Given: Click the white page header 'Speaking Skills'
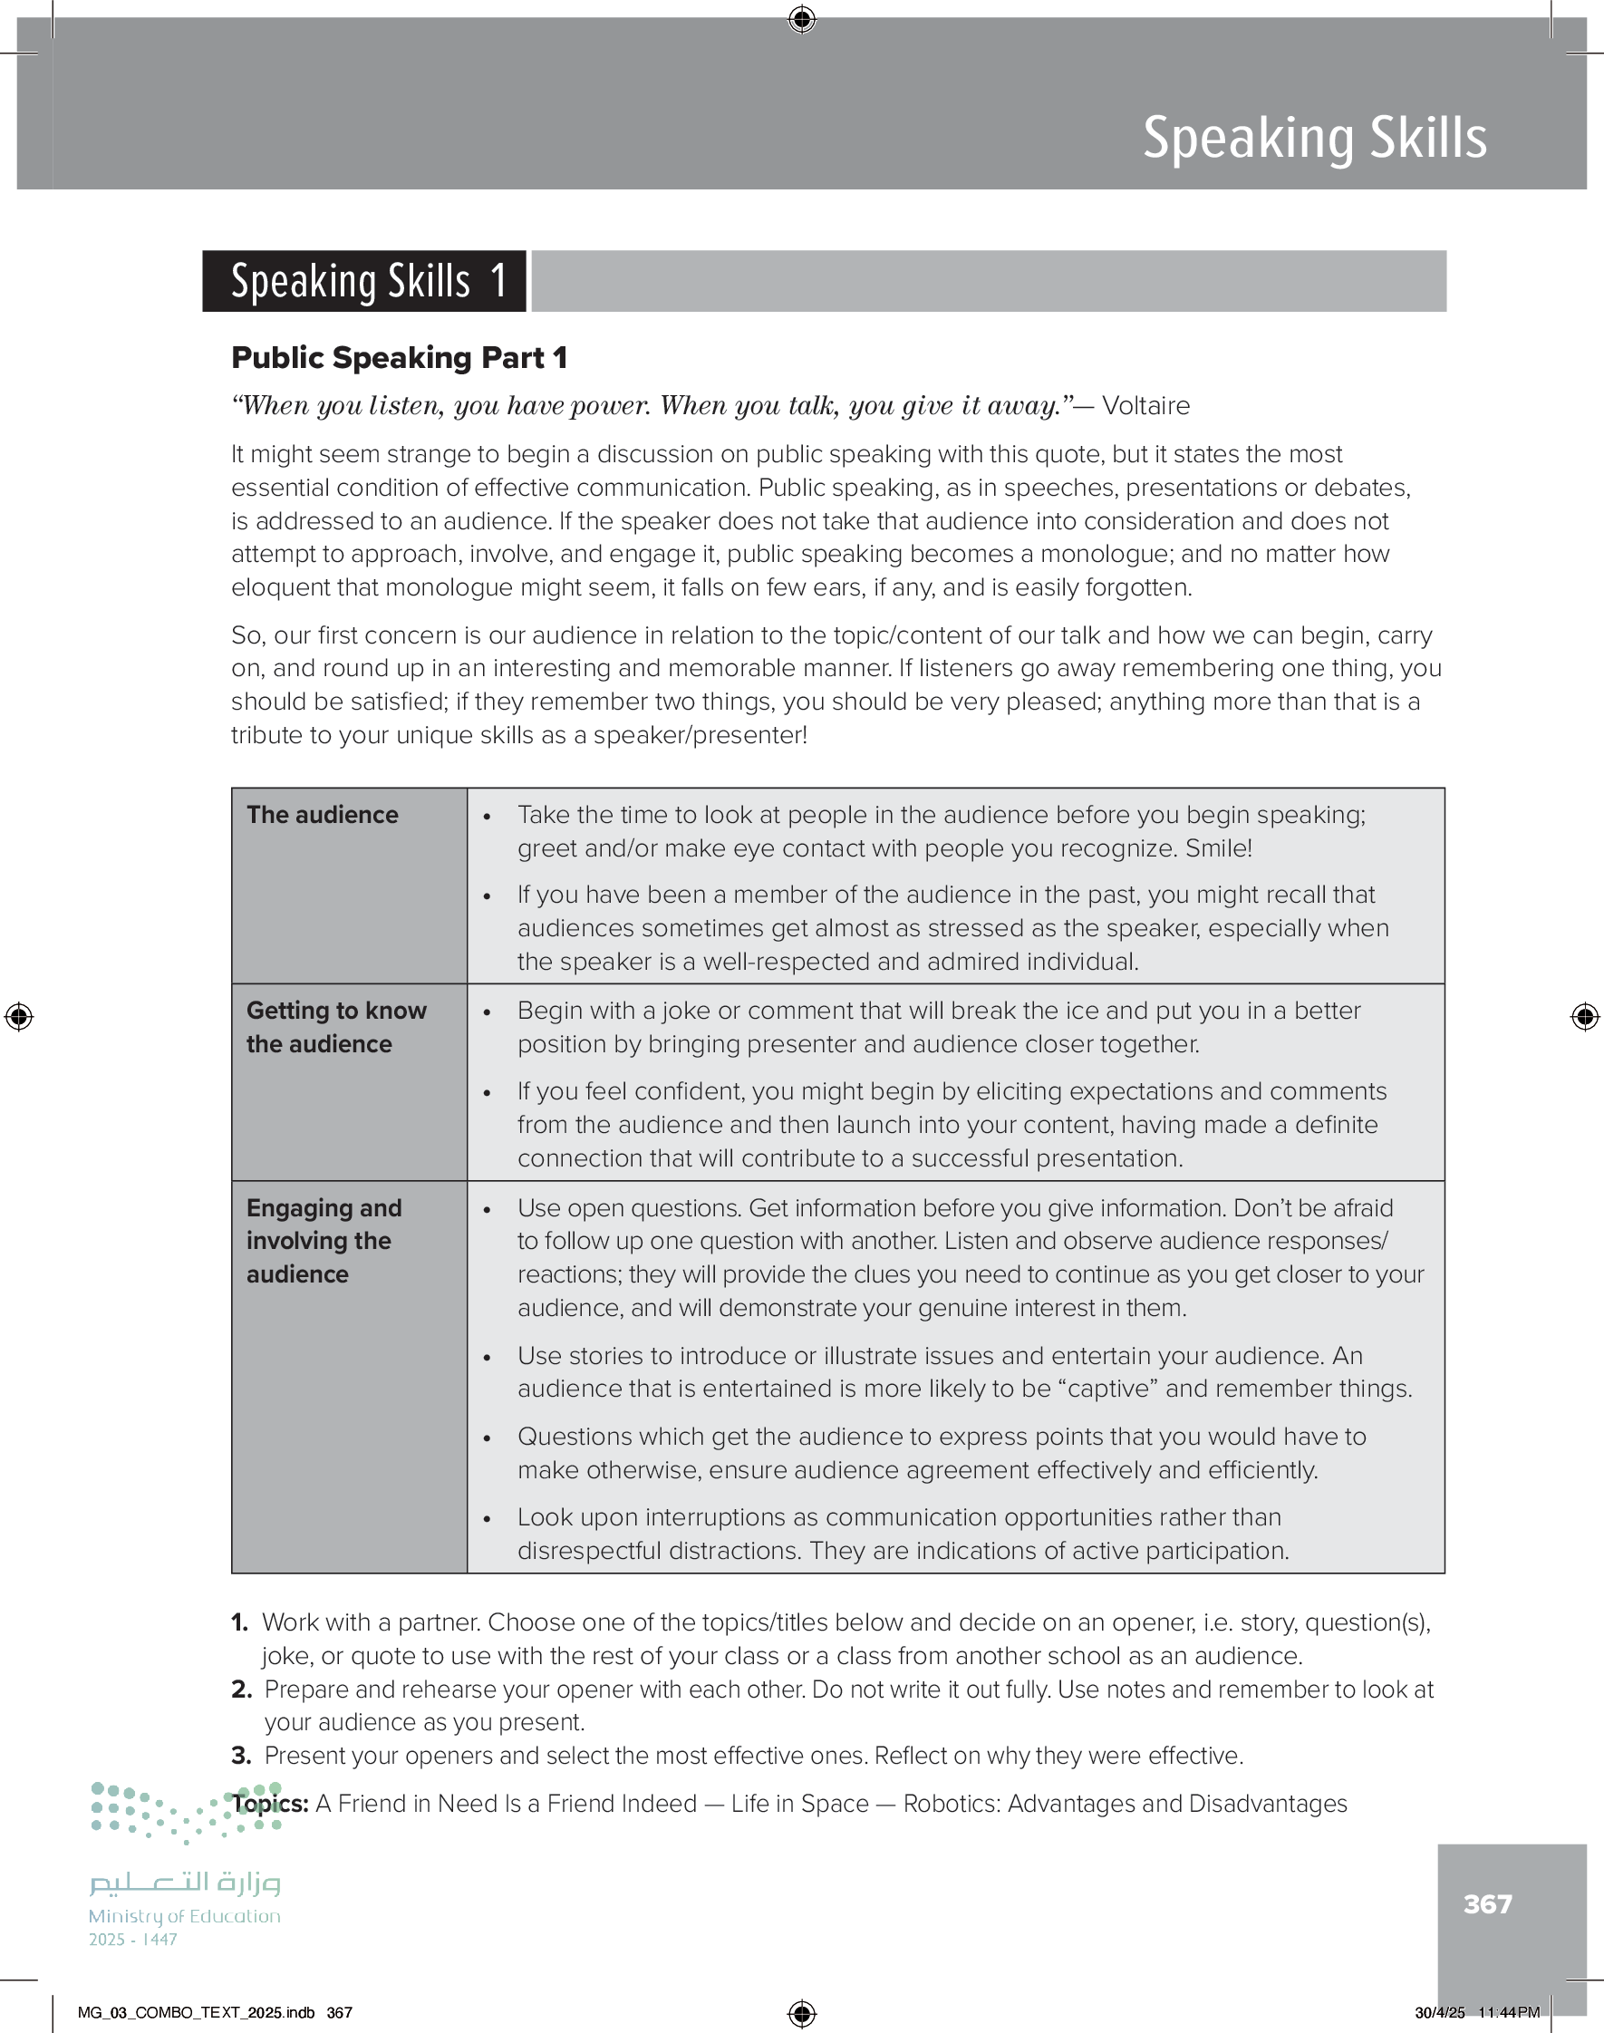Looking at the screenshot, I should coord(1314,139).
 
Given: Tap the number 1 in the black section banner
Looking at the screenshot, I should coord(498,281).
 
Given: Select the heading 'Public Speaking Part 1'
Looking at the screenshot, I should coord(399,358).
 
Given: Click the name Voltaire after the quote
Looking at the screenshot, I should coord(1145,406).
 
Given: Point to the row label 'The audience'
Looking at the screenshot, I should coord(322,815).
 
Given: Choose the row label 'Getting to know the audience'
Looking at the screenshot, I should coord(335,1027).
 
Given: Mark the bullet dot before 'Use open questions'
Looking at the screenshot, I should coord(487,1210).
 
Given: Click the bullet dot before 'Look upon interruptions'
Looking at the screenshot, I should coord(487,1519).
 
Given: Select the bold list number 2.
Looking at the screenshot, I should coord(241,1689).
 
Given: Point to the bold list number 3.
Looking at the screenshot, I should coord(241,1756).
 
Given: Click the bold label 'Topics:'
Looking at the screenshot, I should coord(270,1804).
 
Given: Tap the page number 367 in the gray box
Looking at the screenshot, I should coord(1487,1903).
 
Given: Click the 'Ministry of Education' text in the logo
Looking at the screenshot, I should coord(184,1915).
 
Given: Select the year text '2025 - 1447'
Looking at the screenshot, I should coord(132,1939).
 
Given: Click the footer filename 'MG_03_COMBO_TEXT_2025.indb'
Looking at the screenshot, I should coord(197,2012).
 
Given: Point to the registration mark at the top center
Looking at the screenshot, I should coord(802,19).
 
